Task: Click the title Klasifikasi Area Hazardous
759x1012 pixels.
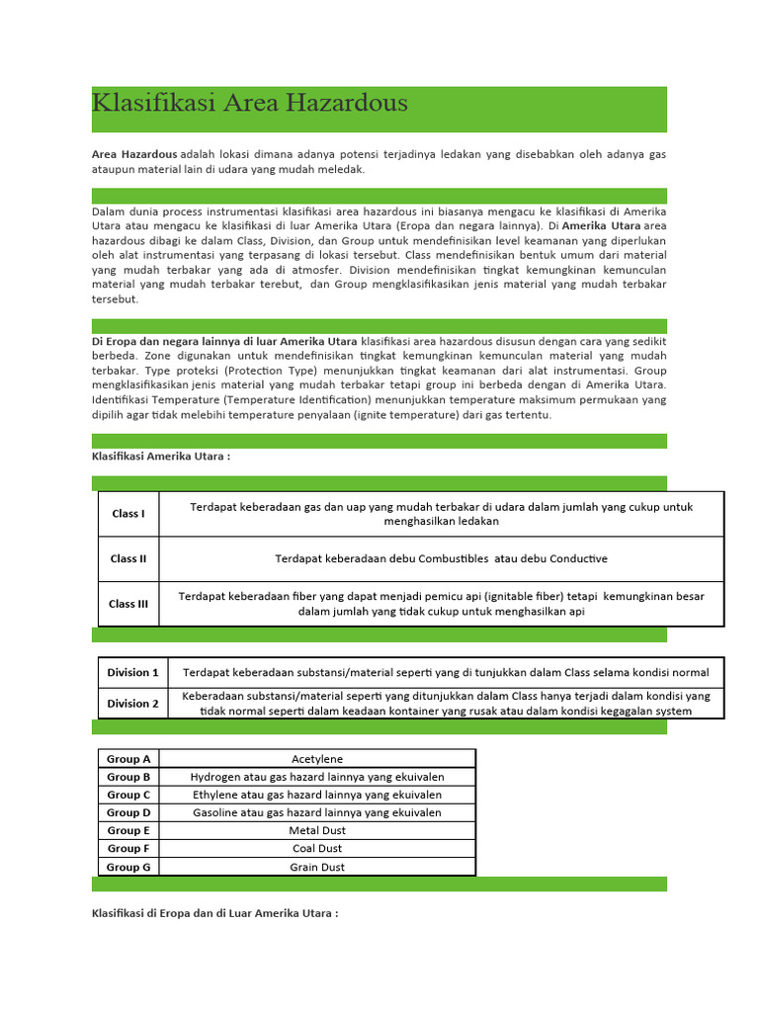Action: point(249,104)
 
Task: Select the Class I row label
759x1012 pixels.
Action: point(128,514)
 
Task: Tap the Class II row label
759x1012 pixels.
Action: point(128,559)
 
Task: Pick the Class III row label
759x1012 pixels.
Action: point(128,604)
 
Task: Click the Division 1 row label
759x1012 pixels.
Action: point(132,673)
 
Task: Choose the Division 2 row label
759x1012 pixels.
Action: point(132,704)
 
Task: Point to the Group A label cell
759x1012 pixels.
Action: point(128,759)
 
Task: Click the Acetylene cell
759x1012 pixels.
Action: point(317,759)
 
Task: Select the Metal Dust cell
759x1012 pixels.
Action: point(317,831)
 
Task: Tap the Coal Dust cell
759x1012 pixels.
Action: point(317,849)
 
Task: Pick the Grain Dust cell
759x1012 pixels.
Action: point(317,867)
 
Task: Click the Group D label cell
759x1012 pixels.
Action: point(128,812)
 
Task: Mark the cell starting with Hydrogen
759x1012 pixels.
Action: point(317,777)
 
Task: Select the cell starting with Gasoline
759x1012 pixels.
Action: point(317,812)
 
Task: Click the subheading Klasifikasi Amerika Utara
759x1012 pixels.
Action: point(161,457)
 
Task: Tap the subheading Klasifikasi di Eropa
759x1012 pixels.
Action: point(214,913)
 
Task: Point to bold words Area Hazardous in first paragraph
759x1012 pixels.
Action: point(134,155)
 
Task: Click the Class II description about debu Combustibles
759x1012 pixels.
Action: point(441,559)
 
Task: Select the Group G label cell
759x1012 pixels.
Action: point(128,867)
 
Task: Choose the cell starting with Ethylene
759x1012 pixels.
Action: point(317,795)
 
